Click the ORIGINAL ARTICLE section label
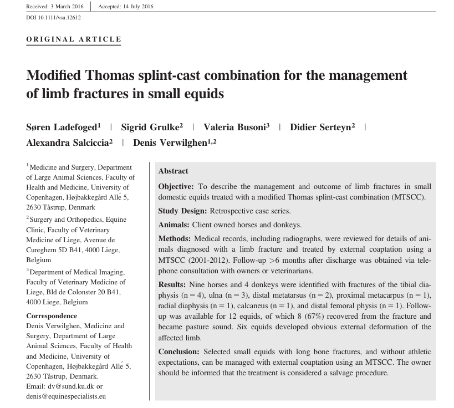(x=74, y=39)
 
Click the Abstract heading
(x=173, y=171)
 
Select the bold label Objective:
(x=176, y=187)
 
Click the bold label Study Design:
(x=182, y=211)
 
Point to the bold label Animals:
(x=174, y=225)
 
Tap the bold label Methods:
(x=175, y=239)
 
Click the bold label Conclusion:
(x=180, y=352)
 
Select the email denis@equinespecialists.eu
(x=66, y=396)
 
